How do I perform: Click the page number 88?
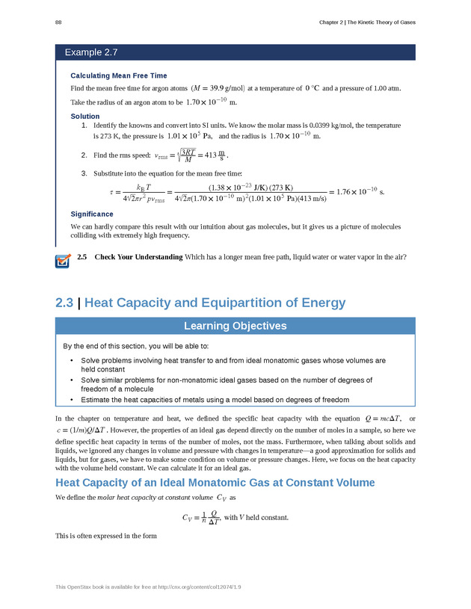click(58, 22)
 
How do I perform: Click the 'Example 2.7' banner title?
click(91, 52)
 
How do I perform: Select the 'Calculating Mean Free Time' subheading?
click(119, 75)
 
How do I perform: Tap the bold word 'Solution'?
click(84, 117)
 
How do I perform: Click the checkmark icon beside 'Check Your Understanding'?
click(63, 259)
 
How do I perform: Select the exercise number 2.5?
click(82, 258)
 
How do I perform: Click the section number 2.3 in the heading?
click(66, 303)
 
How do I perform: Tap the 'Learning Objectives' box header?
click(235, 326)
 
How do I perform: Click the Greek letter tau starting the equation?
click(111, 192)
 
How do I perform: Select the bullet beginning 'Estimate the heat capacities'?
click(215, 400)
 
